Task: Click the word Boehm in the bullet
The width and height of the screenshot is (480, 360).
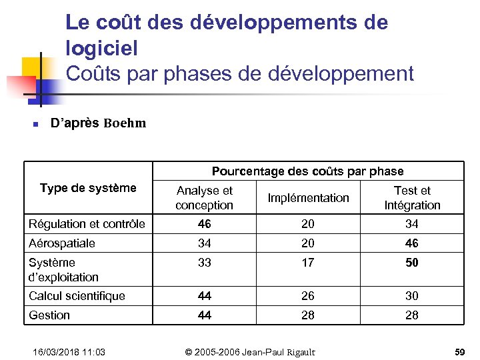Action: click(125, 123)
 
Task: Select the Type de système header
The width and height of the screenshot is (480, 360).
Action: click(88, 188)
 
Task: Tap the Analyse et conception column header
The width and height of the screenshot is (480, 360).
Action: click(204, 198)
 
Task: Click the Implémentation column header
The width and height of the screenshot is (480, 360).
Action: click(308, 198)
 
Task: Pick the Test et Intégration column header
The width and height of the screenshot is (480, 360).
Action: click(412, 198)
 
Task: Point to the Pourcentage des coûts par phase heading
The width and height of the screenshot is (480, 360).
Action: click(307, 171)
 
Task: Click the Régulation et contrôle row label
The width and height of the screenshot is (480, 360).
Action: click(87, 224)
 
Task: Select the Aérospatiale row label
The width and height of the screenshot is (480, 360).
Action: click(62, 243)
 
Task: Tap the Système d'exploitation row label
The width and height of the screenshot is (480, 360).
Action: click(63, 269)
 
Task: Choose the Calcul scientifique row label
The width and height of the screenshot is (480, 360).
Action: click(77, 296)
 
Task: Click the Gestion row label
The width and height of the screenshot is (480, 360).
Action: click(49, 315)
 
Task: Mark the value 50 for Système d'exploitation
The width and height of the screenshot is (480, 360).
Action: click(412, 263)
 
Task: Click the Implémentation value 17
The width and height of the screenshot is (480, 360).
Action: click(307, 263)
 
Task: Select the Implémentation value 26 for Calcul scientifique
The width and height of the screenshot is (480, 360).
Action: click(307, 296)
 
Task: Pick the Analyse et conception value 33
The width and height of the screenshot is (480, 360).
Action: click(204, 263)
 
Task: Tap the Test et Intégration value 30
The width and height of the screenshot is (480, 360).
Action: click(412, 296)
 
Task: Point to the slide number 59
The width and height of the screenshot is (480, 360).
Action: click(459, 351)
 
